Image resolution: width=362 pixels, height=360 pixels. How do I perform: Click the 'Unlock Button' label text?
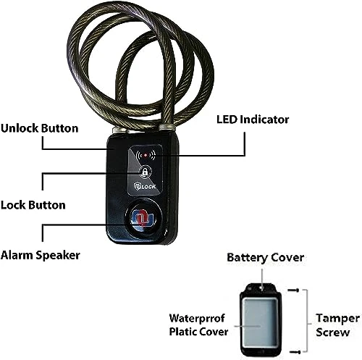40,128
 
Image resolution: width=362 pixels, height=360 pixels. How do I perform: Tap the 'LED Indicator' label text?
253,118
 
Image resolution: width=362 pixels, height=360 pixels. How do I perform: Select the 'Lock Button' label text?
33,205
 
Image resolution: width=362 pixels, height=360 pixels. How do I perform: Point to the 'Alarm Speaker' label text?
40,255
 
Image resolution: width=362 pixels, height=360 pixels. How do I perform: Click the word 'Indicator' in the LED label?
268,118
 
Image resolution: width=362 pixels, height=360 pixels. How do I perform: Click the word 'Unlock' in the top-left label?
20,128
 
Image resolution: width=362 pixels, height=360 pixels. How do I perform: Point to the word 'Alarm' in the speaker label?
18,255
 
